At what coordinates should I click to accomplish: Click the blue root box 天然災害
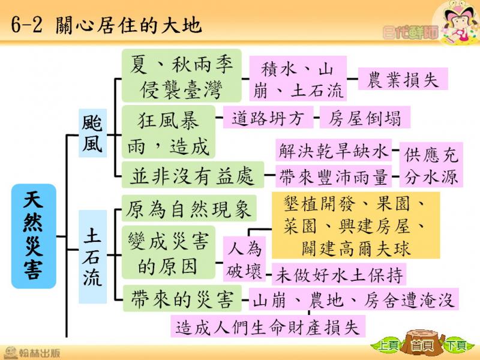coord(34,236)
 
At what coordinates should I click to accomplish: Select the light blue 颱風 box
coord(92,133)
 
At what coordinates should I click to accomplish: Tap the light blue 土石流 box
coord(92,257)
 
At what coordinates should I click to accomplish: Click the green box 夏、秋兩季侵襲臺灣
coord(182,76)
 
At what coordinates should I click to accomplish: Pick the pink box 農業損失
coord(403,79)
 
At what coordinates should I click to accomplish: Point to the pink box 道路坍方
coord(268,117)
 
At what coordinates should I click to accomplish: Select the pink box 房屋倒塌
coord(365,117)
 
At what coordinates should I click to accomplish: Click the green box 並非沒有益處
coord(193,175)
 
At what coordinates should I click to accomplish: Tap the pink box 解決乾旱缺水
coord(334,151)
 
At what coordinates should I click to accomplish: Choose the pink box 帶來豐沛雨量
coord(334,176)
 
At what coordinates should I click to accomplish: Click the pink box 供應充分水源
coord(431,164)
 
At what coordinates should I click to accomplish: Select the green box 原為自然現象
coord(189,208)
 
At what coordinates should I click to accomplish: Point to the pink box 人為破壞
coord(244,259)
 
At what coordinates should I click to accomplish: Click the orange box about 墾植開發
coord(356,226)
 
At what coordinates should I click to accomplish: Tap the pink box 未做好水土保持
coord(339,274)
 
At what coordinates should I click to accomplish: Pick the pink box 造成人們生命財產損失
coord(268,326)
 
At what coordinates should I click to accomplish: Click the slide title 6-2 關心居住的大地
coord(106,25)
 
